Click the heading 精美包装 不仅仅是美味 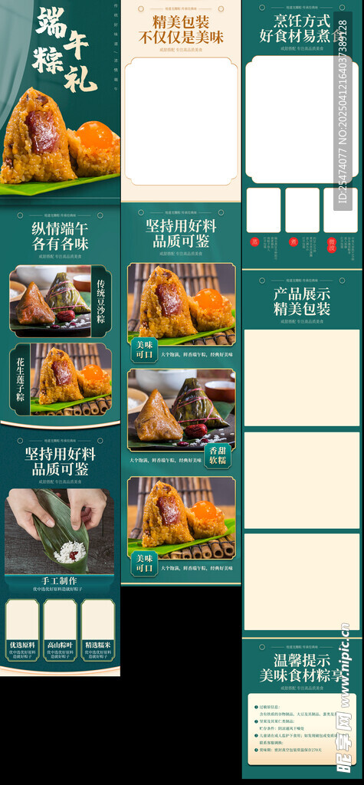[x=181, y=29]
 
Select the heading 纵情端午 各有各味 [x=60, y=235]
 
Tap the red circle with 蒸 [x=254, y=241]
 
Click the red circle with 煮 [x=293, y=241]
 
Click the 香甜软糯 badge [x=218, y=455]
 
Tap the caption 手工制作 [x=60, y=580]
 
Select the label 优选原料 [x=22, y=645]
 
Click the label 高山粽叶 [x=60, y=645]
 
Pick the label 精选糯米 [x=97, y=645]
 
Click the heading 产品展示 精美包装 [x=302, y=301]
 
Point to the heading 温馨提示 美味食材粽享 [x=302, y=668]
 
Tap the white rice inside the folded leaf [x=67, y=551]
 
